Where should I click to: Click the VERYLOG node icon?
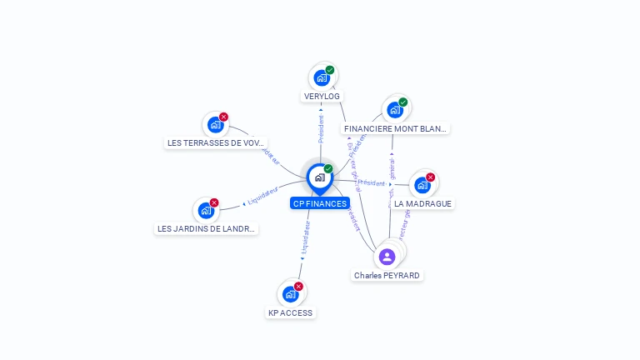(x=322, y=78)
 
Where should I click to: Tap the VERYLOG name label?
(x=322, y=97)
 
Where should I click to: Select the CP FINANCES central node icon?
(x=319, y=177)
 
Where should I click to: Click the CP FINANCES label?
(x=320, y=203)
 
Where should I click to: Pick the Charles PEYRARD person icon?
(x=387, y=257)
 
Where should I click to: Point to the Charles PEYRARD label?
(x=387, y=276)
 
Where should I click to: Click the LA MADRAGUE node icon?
(x=422, y=185)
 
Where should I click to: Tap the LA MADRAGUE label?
(x=423, y=203)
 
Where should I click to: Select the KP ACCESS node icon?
(x=290, y=294)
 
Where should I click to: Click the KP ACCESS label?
(x=290, y=313)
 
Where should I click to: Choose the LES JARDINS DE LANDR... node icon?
(x=206, y=211)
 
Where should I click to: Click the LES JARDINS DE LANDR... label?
(x=207, y=229)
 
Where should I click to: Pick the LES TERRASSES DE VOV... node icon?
(x=216, y=125)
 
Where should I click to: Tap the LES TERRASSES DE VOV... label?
(x=217, y=143)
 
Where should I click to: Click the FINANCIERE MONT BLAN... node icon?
(x=395, y=110)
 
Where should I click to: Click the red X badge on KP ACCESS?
(x=298, y=287)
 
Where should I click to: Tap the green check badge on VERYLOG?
(x=330, y=70)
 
